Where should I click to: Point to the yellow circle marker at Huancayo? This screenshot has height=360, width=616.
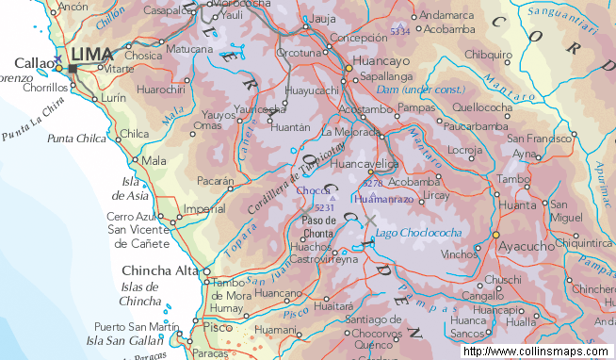point(350,66)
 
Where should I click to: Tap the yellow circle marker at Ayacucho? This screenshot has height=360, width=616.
point(495,235)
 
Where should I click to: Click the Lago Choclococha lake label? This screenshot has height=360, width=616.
point(418,232)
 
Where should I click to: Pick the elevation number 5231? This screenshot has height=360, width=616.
point(325,207)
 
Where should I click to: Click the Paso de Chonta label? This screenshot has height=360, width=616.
point(318,227)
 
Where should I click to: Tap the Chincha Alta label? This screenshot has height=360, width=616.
point(161,271)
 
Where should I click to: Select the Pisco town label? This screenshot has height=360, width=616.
point(217,327)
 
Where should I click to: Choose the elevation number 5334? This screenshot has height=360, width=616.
point(400,31)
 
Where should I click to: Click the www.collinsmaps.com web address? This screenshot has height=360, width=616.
point(537,352)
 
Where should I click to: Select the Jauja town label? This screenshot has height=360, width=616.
point(323,18)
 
